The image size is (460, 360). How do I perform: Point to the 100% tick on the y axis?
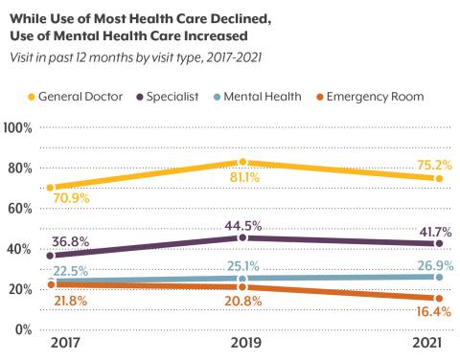point(20,128)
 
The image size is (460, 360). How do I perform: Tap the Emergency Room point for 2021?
point(437,297)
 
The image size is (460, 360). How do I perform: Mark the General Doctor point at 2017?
point(50,188)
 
